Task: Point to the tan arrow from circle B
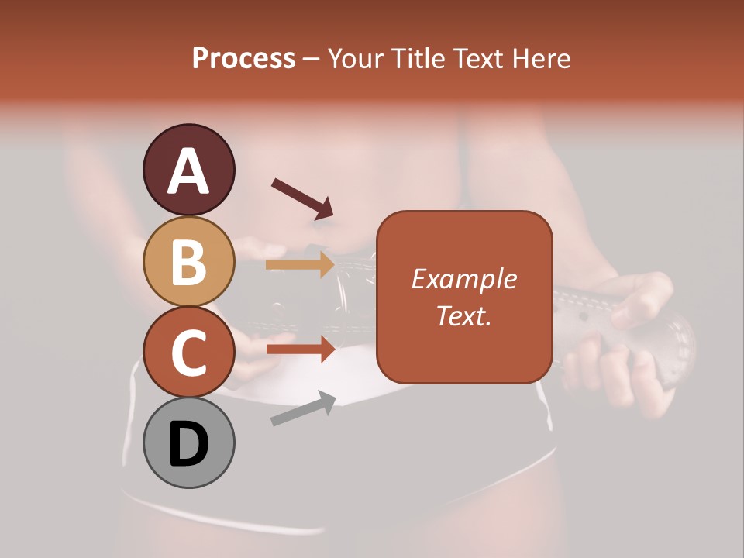[300, 265]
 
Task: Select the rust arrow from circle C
[300, 350]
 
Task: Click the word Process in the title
[243, 59]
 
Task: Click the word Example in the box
[463, 279]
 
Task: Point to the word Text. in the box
[463, 316]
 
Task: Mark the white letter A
[189, 171]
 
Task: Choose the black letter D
[189, 444]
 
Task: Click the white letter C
[189, 353]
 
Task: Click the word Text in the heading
[474, 59]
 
